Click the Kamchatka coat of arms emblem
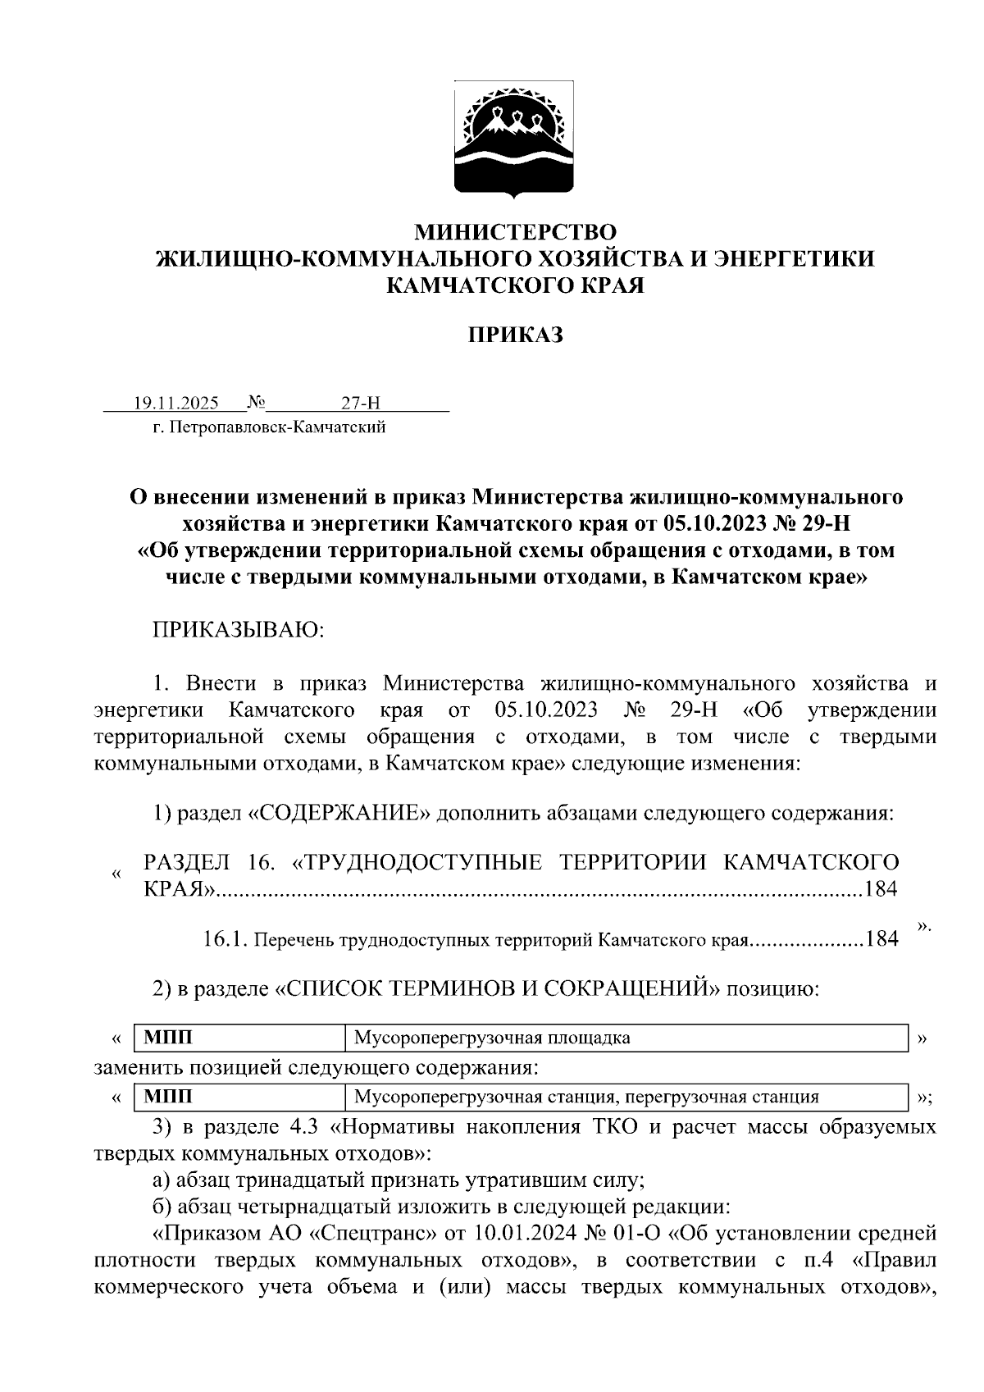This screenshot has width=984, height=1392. click(x=515, y=139)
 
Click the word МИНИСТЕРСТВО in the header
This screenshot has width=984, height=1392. click(x=514, y=232)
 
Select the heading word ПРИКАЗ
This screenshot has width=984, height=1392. click(x=515, y=335)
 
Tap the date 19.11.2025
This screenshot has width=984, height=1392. click(x=175, y=403)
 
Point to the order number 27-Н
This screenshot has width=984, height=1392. click(x=362, y=403)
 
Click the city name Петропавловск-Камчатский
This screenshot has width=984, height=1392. click(x=276, y=427)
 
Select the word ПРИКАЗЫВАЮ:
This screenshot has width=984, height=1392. click(x=239, y=630)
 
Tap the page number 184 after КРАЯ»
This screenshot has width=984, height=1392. click(x=881, y=889)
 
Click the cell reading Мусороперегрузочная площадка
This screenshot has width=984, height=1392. click(x=492, y=1038)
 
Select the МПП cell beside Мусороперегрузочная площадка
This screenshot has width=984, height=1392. click(x=168, y=1038)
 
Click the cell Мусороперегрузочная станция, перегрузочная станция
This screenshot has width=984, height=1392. click(x=586, y=1097)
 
